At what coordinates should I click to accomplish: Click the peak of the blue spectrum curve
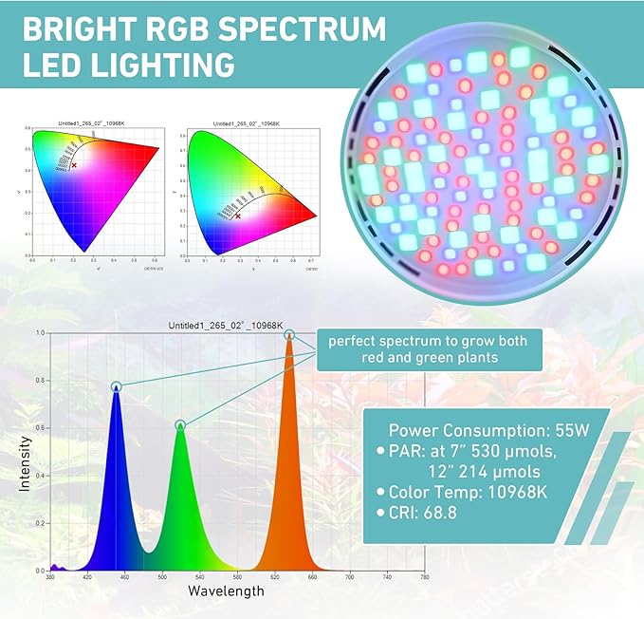click(117, 387)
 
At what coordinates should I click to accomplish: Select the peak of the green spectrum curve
click(180, 425)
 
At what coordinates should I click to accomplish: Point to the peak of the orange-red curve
click(289, 335)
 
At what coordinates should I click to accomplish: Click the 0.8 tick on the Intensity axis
click(38, 381)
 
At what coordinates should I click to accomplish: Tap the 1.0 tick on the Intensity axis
click(38, 333)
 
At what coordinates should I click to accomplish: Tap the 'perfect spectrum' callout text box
click(435, 348)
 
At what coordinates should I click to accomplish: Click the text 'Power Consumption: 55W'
click(488, 429)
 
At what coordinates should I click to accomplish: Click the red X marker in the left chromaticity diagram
click(74, 165)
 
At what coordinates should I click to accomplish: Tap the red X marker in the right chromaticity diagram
click(237, 216)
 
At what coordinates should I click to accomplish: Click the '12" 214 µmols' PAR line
click(480, 471)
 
